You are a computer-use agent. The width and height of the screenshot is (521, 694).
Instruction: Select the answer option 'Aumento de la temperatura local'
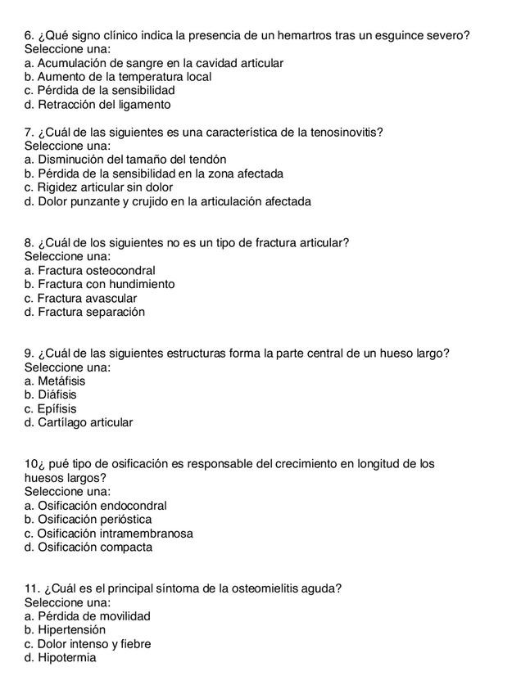pos(118,77)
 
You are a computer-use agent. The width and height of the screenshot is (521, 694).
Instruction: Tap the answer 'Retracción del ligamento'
pos(97,105)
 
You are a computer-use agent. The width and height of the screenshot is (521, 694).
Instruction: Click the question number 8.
pos(29,243)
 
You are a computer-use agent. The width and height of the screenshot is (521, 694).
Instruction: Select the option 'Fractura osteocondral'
pos(90,271)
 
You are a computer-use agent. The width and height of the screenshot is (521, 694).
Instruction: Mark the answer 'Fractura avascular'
pos(81,299)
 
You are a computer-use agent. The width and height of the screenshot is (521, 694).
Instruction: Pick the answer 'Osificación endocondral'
pos(96,507)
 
